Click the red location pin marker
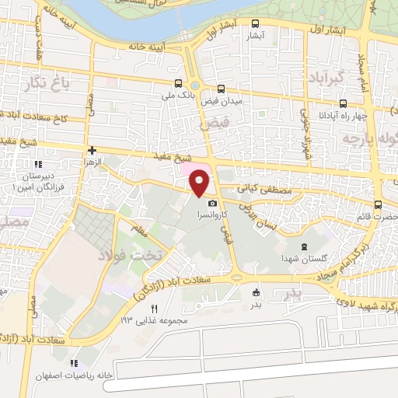[201, 183]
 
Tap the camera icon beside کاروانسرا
[212, 203]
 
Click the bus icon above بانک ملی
[180, 84]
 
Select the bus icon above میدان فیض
[222, 89]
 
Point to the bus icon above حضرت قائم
[378, 205]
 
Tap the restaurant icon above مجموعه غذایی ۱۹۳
[153, 309]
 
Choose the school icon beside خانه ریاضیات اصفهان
[75, 363]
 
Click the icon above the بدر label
[256, 292]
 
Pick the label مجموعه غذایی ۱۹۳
[151, 321]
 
